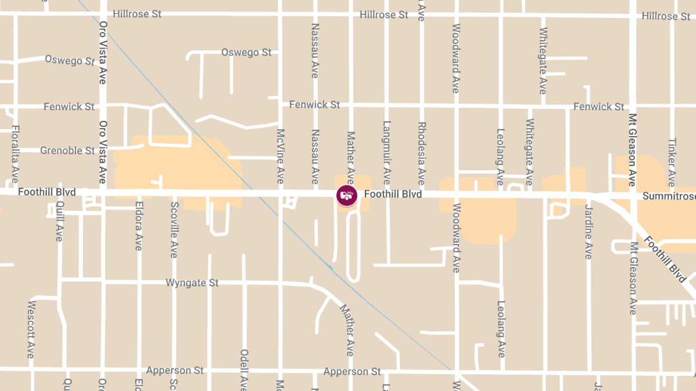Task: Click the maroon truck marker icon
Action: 346,195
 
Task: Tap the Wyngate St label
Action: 192,283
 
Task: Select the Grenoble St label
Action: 67,151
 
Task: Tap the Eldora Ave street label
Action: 139,226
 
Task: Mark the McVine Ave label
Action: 281,156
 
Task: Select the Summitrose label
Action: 669,197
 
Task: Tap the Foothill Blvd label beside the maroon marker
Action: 393,194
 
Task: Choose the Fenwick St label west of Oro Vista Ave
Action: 69,107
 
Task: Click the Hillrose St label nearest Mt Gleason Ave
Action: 666,16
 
